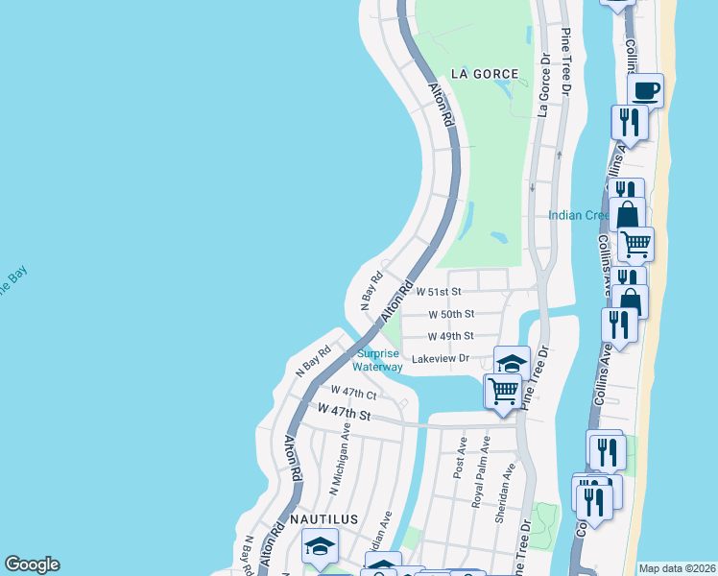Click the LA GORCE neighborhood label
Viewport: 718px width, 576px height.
tap(486, 74)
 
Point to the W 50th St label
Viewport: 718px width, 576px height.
tap(450, 314)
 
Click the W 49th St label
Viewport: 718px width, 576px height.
tap(450, 336)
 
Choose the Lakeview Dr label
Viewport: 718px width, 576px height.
tap(440, 359)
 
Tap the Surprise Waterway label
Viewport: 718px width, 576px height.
tap(377, 359)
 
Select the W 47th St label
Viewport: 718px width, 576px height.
tap(344, 412)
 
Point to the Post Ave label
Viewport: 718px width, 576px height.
tap(460, 458)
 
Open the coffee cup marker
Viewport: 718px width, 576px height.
tap(645, 90)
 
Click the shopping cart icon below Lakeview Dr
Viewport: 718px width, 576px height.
tap(503, 390)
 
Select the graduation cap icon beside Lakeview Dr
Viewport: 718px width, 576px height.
tap(512, 363)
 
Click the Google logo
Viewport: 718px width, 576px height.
tap(32, 564)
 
